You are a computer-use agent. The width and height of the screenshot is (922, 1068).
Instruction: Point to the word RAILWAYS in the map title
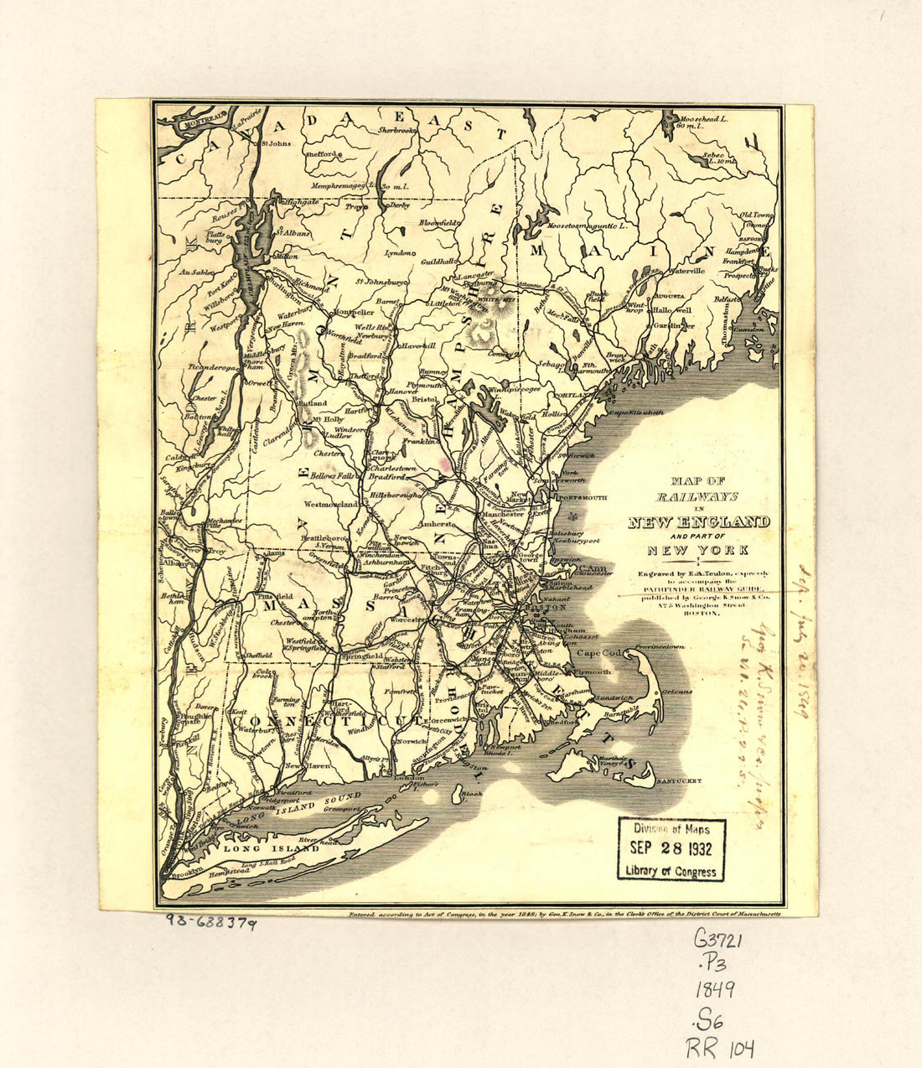click(x=698, y=497)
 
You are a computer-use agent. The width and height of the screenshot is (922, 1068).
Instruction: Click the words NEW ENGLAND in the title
click(x=699, y=523)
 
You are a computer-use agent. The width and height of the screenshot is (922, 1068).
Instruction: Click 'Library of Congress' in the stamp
click(x=671, y=871)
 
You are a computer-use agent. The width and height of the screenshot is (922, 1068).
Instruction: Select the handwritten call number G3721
click(x=717, y=941)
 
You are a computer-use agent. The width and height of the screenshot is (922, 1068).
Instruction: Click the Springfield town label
click(x=363, y=656)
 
